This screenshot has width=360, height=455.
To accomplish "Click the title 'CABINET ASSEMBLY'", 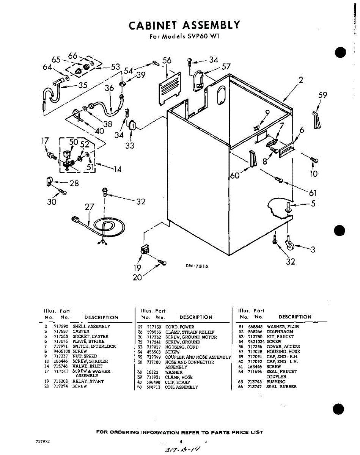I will click(184, 25).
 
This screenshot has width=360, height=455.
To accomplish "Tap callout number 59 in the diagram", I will click(322, 96).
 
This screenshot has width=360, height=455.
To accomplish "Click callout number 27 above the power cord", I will click(90, 207).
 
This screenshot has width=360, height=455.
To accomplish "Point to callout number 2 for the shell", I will click(300, 80).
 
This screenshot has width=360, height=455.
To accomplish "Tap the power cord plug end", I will click(75, 219).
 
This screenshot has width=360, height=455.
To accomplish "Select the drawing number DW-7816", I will click(197, 266).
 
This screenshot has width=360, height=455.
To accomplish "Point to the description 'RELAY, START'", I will click(88, 381).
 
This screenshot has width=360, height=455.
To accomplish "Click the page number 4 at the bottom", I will click(181, 441).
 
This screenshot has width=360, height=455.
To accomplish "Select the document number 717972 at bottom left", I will click(42, 442).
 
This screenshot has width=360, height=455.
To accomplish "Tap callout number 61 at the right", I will click(313, 193).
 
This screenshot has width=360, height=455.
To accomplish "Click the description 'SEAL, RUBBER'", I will click(281, 387).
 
